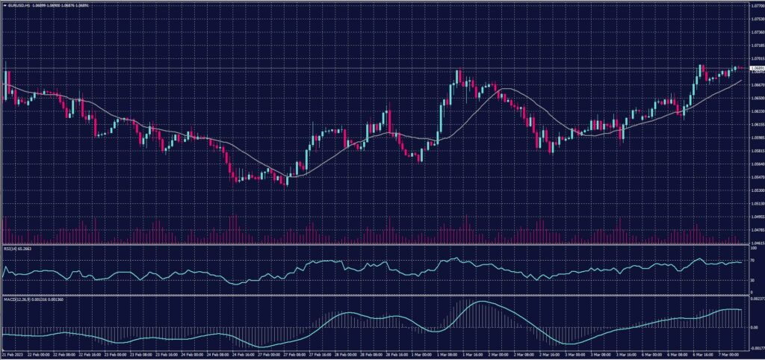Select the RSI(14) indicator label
pyautogui.click(x=12, y=249)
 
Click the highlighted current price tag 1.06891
pyautogui.click(x=755, y=69)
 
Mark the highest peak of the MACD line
pyautogui.click(x=482, y=302)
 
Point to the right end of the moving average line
pyautogui.click(x=741, y=80)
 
